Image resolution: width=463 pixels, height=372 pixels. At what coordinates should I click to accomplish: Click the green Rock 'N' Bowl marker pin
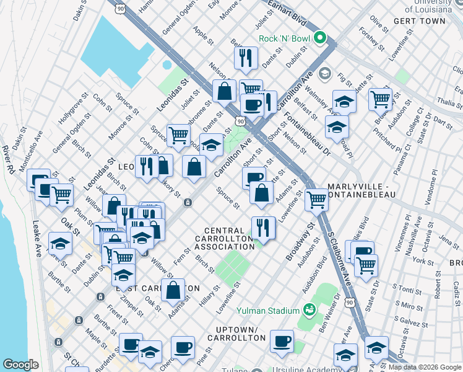[320, 38]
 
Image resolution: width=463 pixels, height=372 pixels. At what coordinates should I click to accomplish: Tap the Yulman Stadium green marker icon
[308, 310]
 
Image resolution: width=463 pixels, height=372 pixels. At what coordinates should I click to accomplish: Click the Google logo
[20, 365]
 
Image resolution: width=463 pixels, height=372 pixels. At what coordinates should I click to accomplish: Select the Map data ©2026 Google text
[424, 367]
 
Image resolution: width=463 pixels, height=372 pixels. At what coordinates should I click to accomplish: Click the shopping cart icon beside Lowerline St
[316, 200]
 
